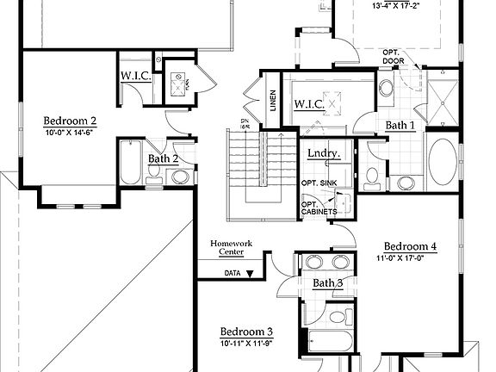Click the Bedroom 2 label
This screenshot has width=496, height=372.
[x=70, y=121]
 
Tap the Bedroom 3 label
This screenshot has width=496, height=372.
[x=246, y=332]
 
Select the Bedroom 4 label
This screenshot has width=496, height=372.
[x=410, y=245]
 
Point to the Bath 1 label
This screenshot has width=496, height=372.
[x=400, y=126]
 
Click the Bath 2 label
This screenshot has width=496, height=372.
[x=163, y=158]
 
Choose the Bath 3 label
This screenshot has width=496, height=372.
[x=327, y=283]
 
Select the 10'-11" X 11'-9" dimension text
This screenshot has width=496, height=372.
[x=246, y=344]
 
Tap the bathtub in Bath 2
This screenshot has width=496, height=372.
[x=129, y=163]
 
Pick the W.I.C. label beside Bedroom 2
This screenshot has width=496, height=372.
[x=136, y=76]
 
